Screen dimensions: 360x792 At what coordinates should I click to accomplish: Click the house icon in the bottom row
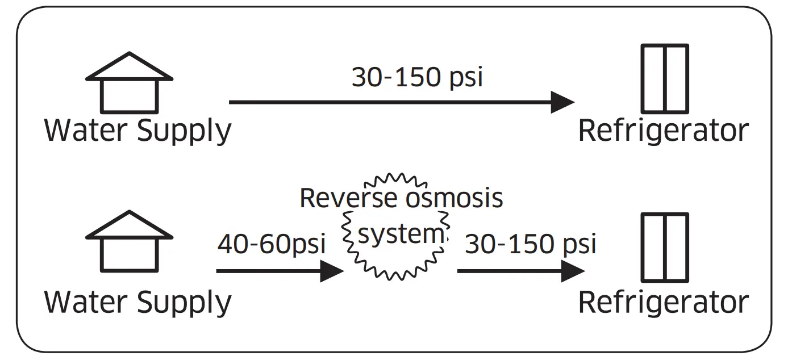point(129,242)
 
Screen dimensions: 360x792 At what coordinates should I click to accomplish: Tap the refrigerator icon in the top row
point(665,78)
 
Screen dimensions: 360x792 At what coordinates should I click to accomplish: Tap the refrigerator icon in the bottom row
point(665,248)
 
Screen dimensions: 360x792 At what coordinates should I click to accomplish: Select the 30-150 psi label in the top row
point(417,77)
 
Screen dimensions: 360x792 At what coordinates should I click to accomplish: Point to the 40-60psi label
point(271,244)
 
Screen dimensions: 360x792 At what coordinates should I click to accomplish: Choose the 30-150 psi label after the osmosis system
point(530,244)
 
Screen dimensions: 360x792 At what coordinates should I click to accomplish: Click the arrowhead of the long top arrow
point(562,102)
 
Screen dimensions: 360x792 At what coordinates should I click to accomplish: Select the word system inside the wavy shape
point(400,234)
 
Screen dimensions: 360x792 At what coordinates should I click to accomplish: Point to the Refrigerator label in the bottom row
point(663,302)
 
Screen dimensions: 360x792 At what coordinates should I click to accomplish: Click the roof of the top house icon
point(129,67)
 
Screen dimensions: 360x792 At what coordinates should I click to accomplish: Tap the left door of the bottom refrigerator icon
point(653,248)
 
